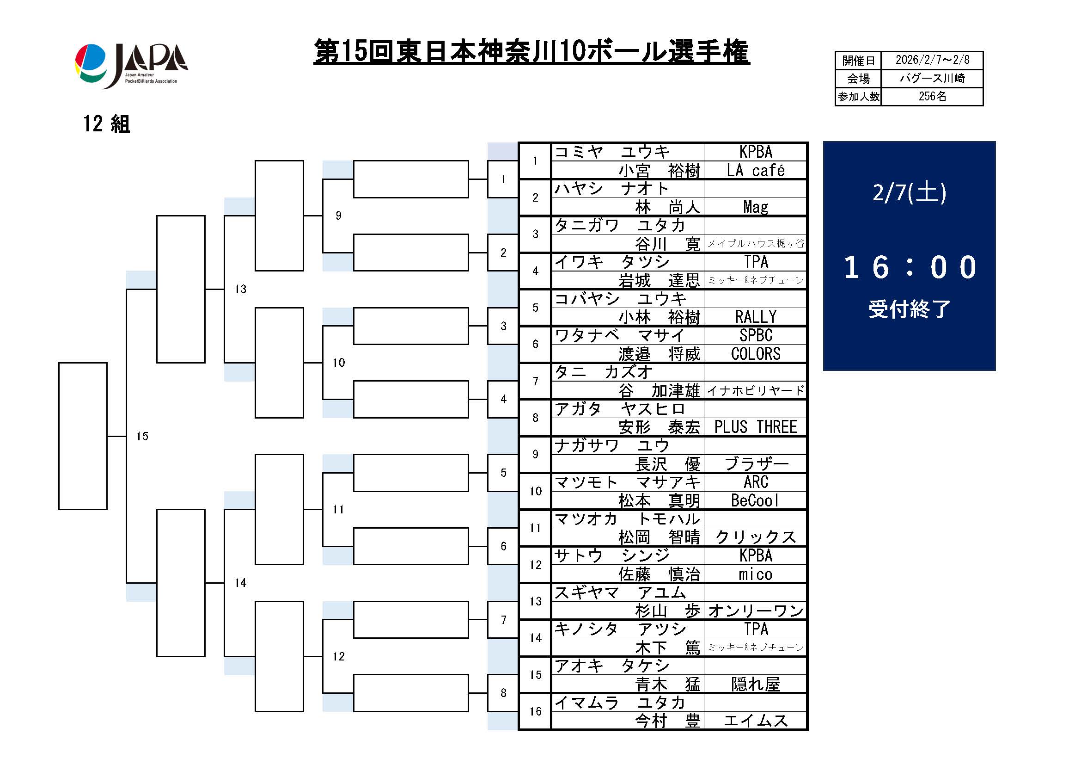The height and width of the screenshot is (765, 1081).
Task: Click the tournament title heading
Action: (x=531, y=52)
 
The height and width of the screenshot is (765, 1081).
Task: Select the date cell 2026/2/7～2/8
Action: (x=932, y=60)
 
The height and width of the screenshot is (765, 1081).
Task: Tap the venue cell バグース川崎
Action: (x=932, y=78)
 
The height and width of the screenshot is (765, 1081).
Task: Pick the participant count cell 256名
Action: (x=932, y=97)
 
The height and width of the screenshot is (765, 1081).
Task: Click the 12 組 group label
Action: (x=106, y=124)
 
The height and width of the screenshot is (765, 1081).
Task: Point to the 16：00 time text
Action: (x=909, y=267)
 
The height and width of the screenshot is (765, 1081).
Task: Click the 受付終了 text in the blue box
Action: (x=909, y=309)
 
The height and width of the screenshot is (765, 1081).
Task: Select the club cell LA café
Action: (x=755, y=171)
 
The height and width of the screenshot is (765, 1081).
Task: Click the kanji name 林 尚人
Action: (x=667, y=207)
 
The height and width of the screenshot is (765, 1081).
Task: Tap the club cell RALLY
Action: (x=755, y=317)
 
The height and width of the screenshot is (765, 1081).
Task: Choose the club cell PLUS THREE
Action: (x=755, y=427)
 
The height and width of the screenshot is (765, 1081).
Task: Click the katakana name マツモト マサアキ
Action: (x=627, y=482)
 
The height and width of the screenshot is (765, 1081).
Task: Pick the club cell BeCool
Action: (x=755, y=501)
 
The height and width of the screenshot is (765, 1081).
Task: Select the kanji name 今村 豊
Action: (x=667, y=721)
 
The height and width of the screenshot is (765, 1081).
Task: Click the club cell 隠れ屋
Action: (x=755, y=684)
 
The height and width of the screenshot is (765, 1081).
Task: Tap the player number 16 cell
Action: (x=535, y=711)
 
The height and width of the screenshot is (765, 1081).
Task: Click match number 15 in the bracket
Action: (x=142, y=436)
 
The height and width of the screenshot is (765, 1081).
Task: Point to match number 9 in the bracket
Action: (x=338, y=216)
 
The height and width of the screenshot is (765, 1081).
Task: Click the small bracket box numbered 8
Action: (x=503, y=693)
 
